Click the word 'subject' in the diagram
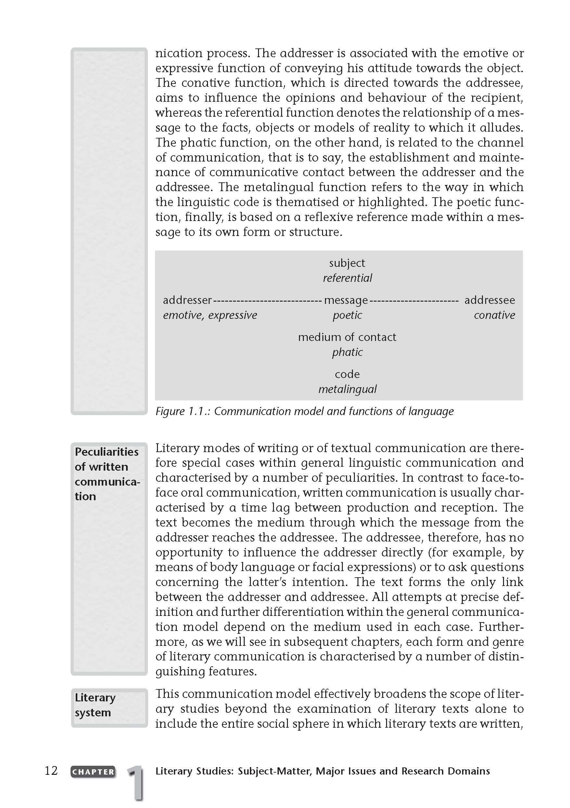[x=347, y=263]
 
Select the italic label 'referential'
[x=347, y=278]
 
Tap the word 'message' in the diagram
[x=345, y=300]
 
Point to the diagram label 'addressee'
[x=489, y=300]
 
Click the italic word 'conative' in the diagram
[x=494, y=315]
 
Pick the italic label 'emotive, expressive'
[x=210, y=315]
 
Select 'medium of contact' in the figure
[x=347, y=337]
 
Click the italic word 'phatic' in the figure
[x=347, y=352]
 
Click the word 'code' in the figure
[x=347, y=374]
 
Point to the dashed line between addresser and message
[x=267, y=301]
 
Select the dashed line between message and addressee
[x=414, y=301]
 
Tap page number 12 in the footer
[x=51, y=771]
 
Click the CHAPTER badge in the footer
[x=93, y=772]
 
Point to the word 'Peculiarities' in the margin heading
[x=107, y=451]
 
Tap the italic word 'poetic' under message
[x=347, y=315]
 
